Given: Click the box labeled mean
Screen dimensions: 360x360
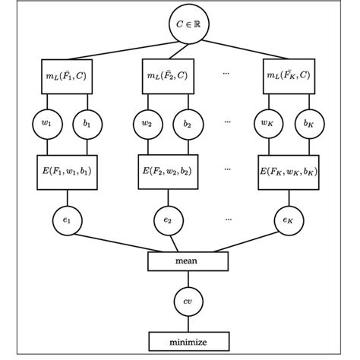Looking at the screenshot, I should click(x=186, y=262).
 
